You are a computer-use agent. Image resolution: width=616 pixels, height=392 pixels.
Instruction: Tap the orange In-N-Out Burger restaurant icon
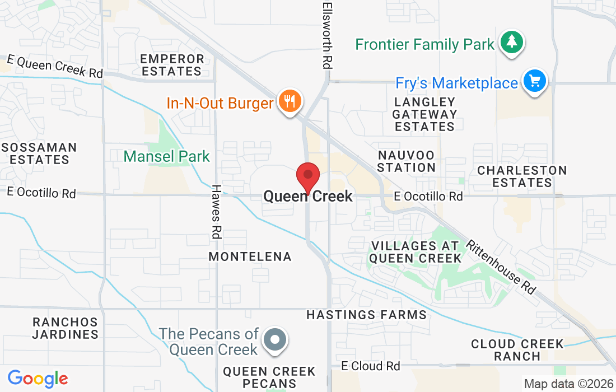[x=289, y=101]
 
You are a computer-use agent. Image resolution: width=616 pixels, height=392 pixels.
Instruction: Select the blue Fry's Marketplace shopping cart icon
[x=534, y=81]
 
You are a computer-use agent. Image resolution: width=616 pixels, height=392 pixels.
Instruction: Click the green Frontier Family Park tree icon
[x=511, y=42]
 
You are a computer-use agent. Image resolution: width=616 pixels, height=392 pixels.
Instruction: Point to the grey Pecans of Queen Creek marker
[x=275, y=340]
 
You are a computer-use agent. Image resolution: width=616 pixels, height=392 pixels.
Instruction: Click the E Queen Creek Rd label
[x=55, y=67]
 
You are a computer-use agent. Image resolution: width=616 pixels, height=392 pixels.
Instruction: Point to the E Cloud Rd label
[x=371, y=366]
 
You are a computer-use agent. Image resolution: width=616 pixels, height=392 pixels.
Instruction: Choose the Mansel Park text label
[x=167, y=156]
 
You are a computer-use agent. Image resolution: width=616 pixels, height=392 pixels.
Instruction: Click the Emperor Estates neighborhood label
[x=172, y=65]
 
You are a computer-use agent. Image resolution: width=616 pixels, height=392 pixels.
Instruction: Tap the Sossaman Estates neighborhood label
[x=39, y=153]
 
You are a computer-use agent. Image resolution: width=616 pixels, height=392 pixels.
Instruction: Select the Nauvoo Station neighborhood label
[x=406, y=161]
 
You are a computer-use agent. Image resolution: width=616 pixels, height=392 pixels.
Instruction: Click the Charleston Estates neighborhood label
[x=522, y=176]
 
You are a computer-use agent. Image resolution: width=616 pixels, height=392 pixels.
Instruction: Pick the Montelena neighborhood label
[x=250, y=256]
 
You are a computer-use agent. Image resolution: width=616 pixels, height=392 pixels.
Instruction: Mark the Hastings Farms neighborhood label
[x=366, y=315]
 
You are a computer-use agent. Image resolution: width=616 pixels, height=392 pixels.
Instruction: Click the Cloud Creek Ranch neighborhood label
[x=517, y=350]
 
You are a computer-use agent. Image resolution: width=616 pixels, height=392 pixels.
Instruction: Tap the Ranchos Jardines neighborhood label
[x=65, y=328]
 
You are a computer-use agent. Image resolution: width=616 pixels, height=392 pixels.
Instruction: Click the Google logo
[x=38, y=379]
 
